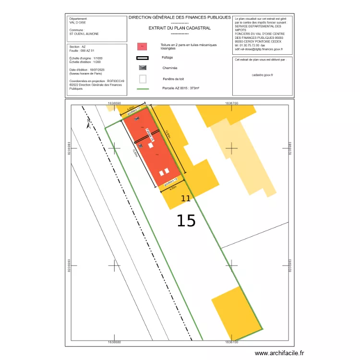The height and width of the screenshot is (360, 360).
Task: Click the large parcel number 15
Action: [186, 220]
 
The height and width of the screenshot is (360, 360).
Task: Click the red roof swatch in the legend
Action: [143, 47]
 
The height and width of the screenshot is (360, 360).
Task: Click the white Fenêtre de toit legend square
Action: [143, 79]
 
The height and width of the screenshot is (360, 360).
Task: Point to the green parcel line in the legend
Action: [143, 89]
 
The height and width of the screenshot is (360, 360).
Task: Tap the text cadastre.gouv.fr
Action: [262, 75]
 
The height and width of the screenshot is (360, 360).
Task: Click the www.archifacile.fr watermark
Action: [279, 353]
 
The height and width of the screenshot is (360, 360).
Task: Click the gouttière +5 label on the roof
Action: [170, 182]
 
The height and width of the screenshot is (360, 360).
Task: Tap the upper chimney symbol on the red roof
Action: [136, 118]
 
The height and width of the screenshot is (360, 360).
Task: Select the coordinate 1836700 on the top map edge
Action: [231, 103]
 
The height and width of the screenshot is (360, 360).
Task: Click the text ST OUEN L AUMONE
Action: [84, 34]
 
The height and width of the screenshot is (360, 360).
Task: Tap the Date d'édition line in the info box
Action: [86, 70]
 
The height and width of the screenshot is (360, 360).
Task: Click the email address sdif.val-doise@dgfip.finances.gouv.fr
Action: [259, 49]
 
